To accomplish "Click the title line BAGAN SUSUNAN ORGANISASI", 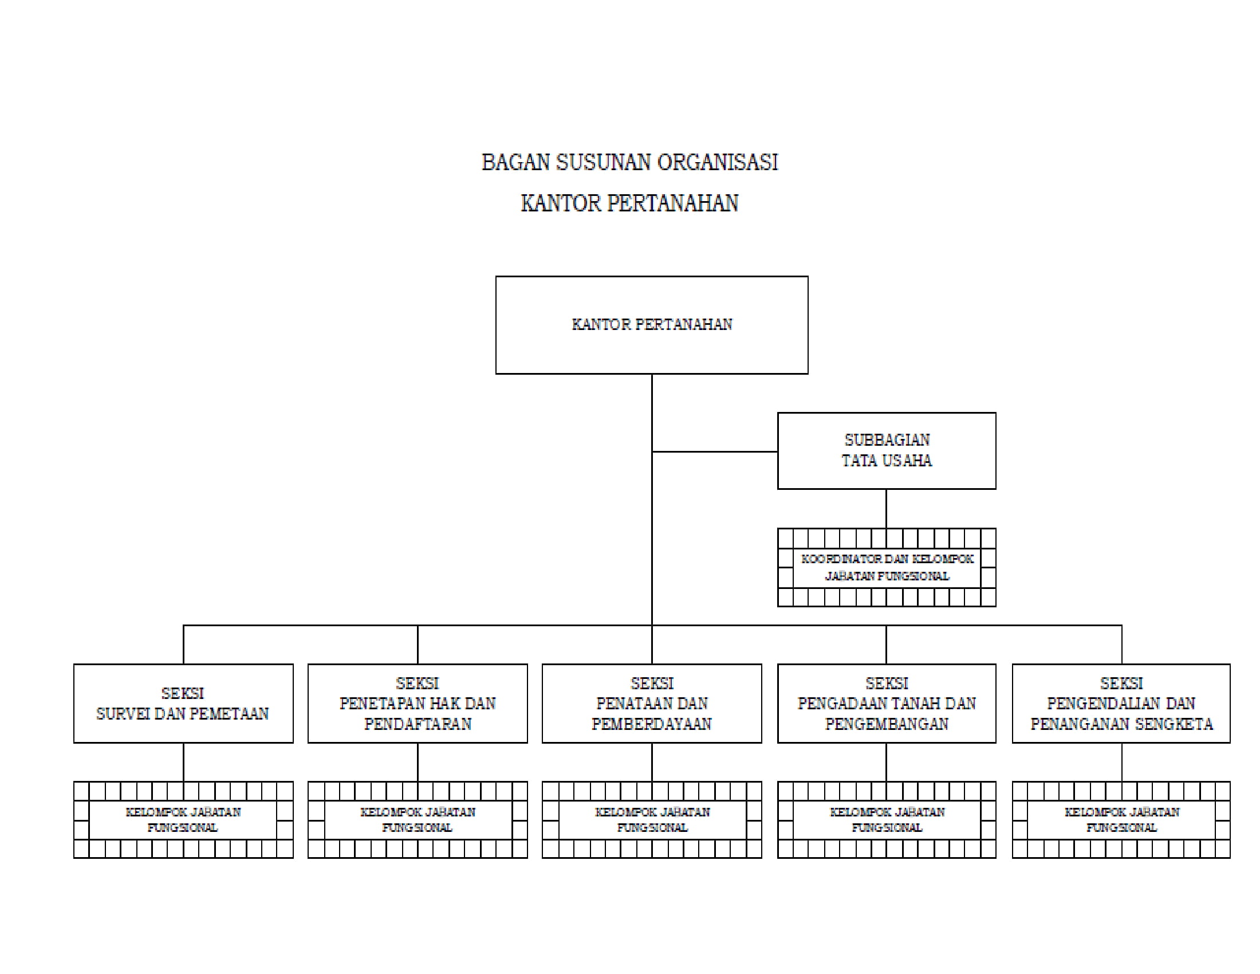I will pyautogui.click(x=629, y=163).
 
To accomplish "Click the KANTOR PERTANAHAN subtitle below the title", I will pyautogui.click(x=629, y=204).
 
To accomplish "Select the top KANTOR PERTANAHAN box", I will pyautogui.click(x=651, y=325).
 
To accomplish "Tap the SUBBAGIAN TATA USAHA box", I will pyautogui.click(x=886, y=451).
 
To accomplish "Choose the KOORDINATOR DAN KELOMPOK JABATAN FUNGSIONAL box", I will pyautogui.click(x=886, y=568).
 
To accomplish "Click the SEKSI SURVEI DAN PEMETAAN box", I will pyautogui.click(x=183, y=704).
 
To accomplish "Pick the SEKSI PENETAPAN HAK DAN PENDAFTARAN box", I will pyautogui.click(x=417, y=704).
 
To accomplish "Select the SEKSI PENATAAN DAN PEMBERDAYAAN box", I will pyautogui.click(x=651, y=704).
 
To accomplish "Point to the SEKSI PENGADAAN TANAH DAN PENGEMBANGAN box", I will pyautogui.click(x=886, y=704).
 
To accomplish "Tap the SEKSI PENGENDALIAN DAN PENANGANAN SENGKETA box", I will pyautogui.click(x=1121, y=704).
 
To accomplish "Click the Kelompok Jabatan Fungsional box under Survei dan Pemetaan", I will pyautogui.click(x=183, y=820).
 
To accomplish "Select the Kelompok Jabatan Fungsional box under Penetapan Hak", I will pyautogui.click(x=417, y=820).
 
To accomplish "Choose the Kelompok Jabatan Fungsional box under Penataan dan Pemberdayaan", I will pyautogui.click(x=651, y=820).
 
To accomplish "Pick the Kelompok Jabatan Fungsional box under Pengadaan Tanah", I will pyautogui.click(x=886, y=820).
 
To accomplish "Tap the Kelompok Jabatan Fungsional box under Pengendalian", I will pyautogui.click(x=1121, y=820).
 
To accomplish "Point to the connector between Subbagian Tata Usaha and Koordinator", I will pyautogui.click(x=886, y=508).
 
